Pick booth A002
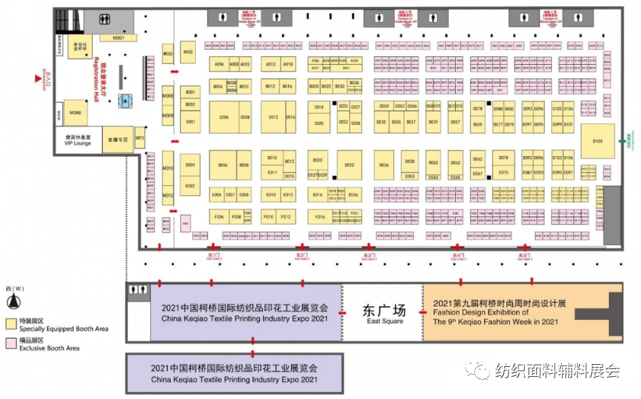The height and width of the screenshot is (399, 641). [188, 52]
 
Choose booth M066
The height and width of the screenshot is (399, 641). [75, 113]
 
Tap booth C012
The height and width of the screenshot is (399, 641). [273, 117]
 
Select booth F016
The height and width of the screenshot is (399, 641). [319, 217]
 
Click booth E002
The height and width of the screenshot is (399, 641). [190, 186]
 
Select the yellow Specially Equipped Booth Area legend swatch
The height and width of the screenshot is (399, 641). [11, 323]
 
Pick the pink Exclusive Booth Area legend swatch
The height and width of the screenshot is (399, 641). [11, 343]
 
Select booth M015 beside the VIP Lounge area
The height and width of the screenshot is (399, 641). [140, 138]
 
